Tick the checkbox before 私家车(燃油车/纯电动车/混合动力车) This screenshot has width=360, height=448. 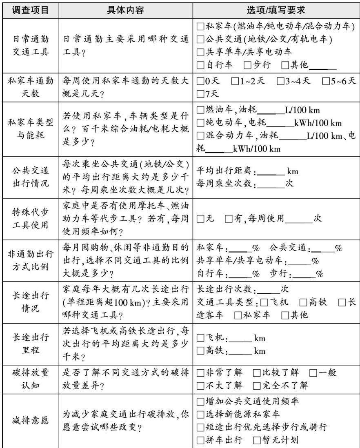point(200,27)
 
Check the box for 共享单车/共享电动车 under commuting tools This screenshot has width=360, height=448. point(200,52)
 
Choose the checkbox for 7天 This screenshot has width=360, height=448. point(200,94)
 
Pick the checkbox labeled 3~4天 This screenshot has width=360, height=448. point(280,81)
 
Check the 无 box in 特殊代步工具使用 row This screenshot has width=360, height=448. point(200,218)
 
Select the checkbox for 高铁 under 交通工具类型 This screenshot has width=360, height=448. point(303,302)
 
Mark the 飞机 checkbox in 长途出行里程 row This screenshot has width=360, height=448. point(200,338)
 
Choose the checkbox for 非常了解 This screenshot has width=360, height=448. point(200,373)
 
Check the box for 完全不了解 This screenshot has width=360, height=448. point(257,385)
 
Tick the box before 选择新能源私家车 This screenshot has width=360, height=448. point(200,415)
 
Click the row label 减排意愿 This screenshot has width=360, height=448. point(31,421)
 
